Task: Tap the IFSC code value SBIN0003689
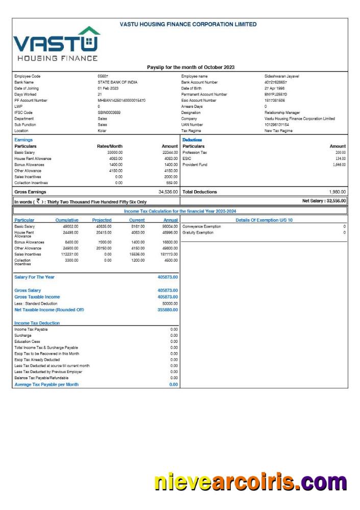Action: (109, 112)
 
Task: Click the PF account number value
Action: (122, 101)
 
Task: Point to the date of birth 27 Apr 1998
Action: (274, 88)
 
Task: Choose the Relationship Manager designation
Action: (282, 112)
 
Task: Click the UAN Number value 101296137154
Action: (276, 125)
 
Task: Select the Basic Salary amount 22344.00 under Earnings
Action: (170, 152)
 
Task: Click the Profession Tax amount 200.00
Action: (341, 152)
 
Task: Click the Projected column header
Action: (102, 220)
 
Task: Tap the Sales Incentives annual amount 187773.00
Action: (167, 254)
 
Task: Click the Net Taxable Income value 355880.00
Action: (167, 310)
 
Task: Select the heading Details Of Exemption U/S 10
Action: (264, 220)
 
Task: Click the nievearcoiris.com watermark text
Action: (250, 482)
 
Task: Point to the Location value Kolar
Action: (102, 131)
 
